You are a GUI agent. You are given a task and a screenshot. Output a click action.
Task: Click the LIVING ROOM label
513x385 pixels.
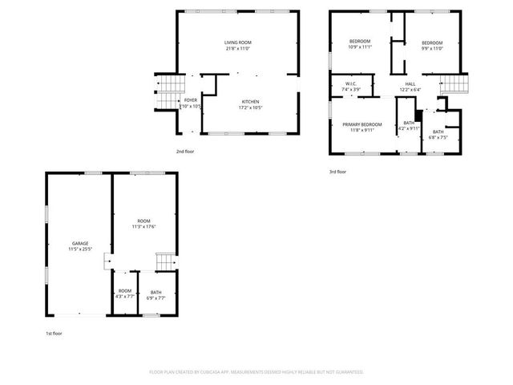point(237,42)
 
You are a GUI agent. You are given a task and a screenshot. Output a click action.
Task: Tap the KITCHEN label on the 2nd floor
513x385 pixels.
point(248,102)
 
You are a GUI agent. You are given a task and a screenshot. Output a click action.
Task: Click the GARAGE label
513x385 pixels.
point(80,243)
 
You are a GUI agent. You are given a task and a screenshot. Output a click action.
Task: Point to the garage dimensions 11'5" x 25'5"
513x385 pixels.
point(80,249)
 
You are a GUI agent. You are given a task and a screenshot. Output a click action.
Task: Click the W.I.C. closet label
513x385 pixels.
point(351,83)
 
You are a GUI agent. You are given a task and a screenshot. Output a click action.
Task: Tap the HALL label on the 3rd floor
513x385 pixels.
point(410,83)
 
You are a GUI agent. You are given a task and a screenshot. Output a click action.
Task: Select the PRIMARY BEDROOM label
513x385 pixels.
point(362,124)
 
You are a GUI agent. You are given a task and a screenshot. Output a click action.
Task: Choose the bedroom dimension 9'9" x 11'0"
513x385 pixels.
point(433,48)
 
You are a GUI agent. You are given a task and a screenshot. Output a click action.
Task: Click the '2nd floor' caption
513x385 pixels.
point(185,151)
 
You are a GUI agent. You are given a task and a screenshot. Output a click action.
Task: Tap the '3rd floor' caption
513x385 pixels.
point(337,172)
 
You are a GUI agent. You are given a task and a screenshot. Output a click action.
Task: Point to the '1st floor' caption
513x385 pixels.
point(54,333)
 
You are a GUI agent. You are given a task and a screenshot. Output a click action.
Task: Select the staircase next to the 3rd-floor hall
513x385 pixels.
point(454,83)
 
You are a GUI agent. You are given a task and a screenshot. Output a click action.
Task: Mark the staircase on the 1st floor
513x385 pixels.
point(165,261)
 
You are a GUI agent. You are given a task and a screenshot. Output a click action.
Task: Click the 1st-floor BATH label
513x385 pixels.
point(156,292)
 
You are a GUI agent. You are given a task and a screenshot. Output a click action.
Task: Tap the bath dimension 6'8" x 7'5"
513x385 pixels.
point(438,137)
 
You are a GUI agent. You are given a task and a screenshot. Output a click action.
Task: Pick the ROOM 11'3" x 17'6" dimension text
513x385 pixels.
point(143,227)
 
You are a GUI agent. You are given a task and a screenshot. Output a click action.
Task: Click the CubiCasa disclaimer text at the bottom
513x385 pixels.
point(256,372)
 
